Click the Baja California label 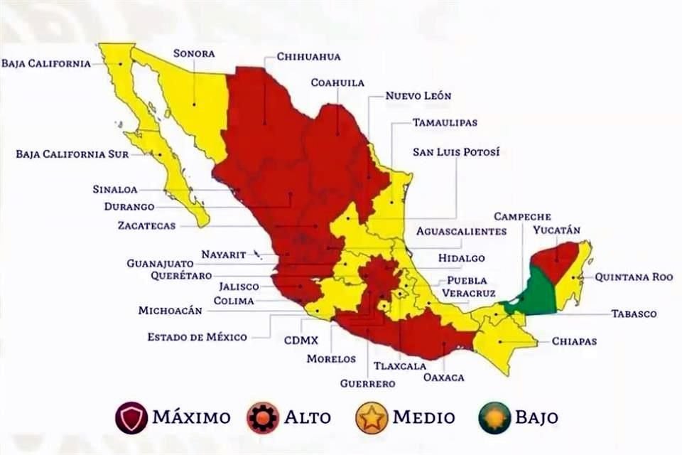[46, 63]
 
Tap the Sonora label [193, 53]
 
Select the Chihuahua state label [308, 57]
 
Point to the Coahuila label [337, 82]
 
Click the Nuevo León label [418, 95]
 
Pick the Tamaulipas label [445, 122]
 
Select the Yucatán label [557, 230]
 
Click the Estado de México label [197, 337]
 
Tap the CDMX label [301, 341]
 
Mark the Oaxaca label [443, 378]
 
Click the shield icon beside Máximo [131, 417]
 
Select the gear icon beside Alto [263, 417]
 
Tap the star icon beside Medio [372, 417]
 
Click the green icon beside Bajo [494, 417]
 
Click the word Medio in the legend [423, 417]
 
